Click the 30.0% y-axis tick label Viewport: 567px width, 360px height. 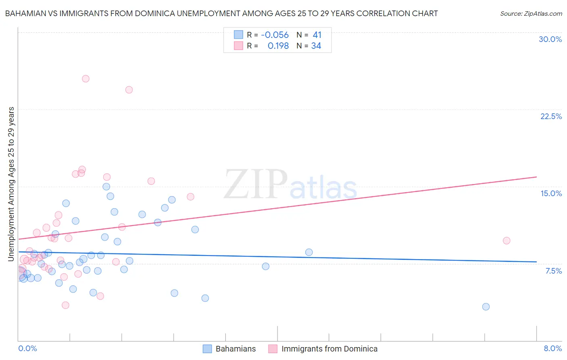pos(550,39)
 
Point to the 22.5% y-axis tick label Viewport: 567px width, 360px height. pos(551,116)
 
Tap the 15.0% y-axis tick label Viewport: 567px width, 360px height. pos(551,193)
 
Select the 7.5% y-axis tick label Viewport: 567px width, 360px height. pos(553,271)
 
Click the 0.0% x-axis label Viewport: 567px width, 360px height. pos(27,348)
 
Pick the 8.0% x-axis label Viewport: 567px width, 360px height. pos(552,348)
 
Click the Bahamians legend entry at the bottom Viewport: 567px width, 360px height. pos(236,349)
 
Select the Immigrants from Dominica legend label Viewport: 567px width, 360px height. pos(329,349)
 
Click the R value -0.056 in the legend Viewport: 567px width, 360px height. pos(275,35)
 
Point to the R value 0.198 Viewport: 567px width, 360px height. pos(278,46)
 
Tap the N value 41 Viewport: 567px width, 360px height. pos(317,35)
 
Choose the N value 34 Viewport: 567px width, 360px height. pos(316,46)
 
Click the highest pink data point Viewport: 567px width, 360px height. pos(85,79)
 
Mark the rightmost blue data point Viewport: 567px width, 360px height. pos(486,307)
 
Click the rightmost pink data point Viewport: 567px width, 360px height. pos(507,241)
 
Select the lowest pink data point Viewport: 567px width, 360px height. pos(65,305)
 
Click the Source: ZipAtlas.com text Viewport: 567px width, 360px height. pos(531,14)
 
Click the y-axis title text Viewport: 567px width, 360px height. pos(11,184)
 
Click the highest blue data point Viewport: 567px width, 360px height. pos(106,186)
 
